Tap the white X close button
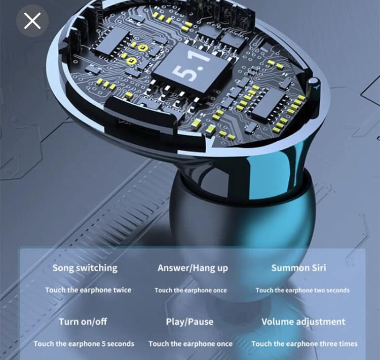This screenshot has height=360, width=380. coord(32,21)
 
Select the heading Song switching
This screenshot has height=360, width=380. coord(85,268)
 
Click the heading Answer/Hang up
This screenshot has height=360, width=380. coord(193,268)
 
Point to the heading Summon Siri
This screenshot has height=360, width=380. coord(298,268)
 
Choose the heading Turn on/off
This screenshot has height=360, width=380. coord(83,322)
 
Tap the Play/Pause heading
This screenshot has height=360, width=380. coord(190,322)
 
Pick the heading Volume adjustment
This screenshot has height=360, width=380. coord(303,322)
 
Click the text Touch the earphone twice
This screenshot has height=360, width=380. coord(88,290)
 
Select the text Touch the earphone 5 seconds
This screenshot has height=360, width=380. coord(84,344)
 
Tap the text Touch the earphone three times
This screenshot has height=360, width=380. coord(305,344)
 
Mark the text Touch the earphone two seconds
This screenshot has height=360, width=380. coord(302,290)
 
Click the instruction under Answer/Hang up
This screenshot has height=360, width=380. coord(191,290)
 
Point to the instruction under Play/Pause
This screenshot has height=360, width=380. coord(191,344)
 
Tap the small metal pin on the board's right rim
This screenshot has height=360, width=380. coord(313,85)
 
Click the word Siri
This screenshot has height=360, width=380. coord(317,268)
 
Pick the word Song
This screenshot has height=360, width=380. coord(63,268)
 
